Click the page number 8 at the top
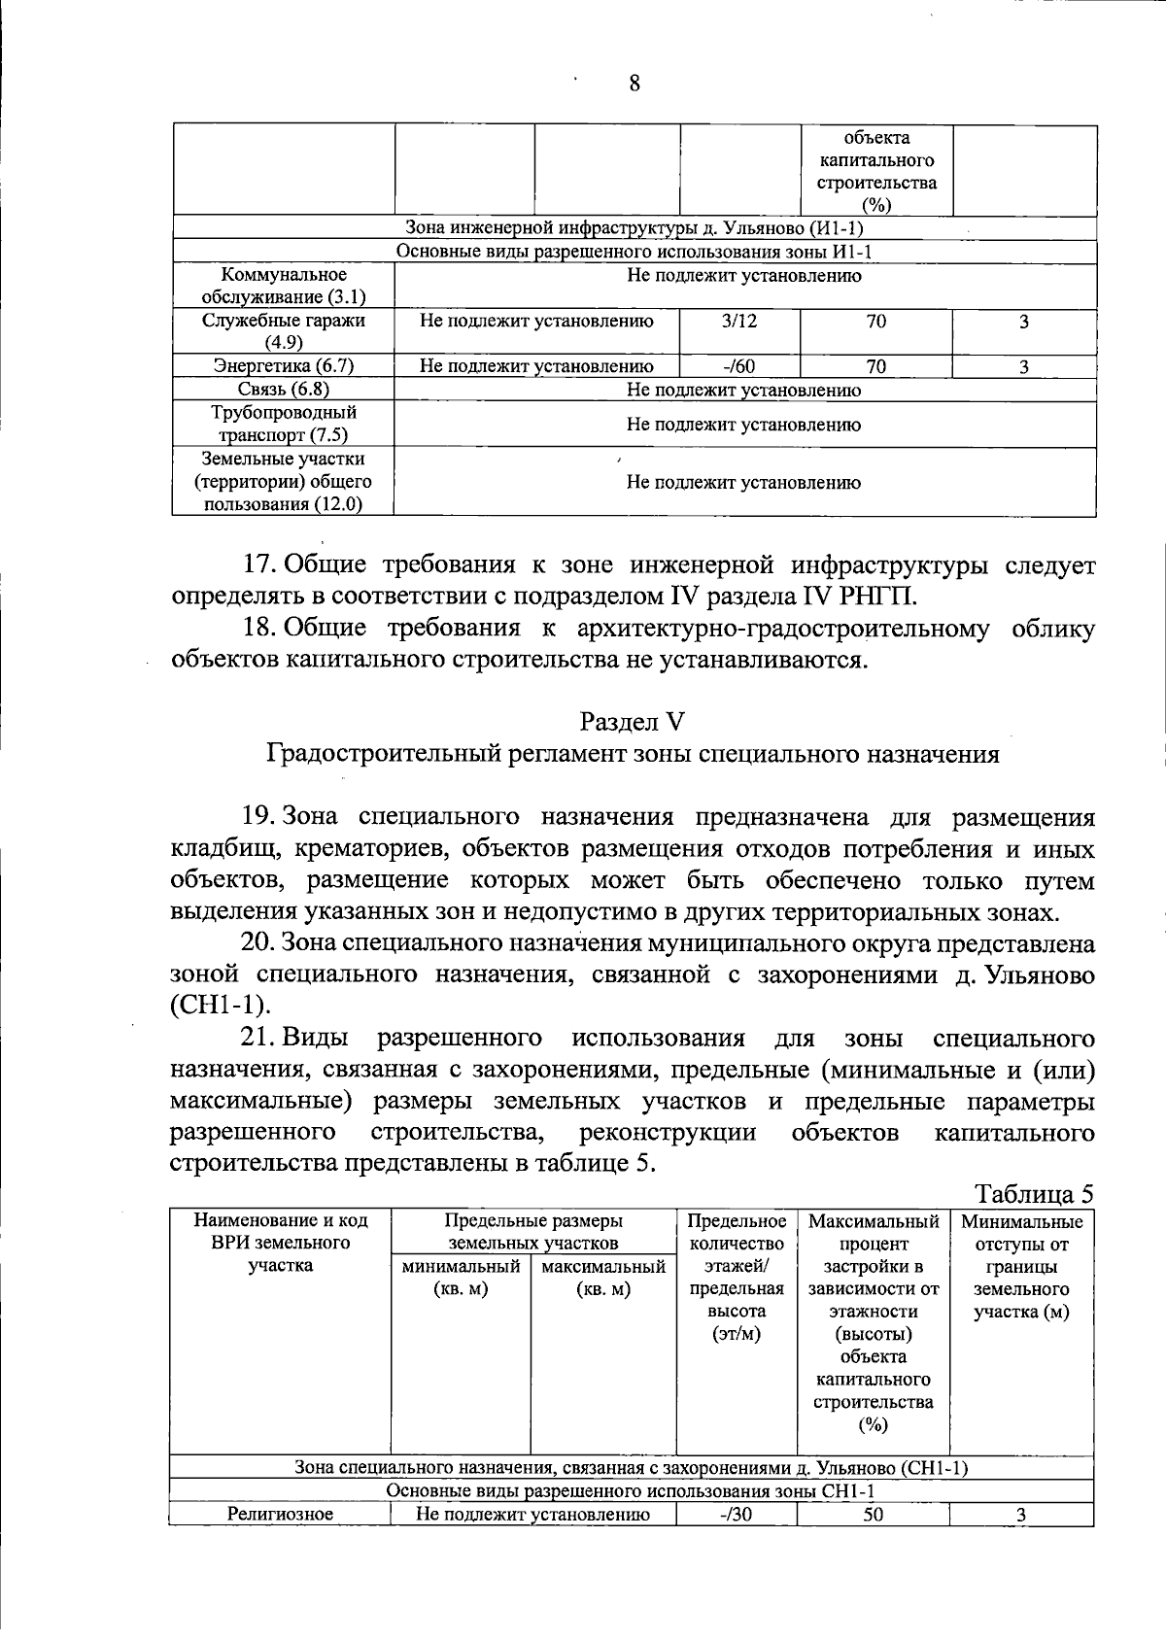(x=634, y=84)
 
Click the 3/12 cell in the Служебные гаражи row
(x=739, y=321)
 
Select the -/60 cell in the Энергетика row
(x=739, y=366)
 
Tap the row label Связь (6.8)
(x=283, y=390)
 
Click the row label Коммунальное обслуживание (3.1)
(x=283, y=287)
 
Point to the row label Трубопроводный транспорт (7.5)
(x=283, y=425)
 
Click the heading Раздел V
(x=633, y=721)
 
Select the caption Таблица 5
(x=1034, y=1193)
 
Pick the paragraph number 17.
(x=259, y=565)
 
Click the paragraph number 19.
(x=259, y=818)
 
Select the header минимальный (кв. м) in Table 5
(x=461, y=1278)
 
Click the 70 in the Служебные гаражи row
(x=875, y=321)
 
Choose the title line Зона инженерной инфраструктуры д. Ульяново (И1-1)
(x=634, y=228)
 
